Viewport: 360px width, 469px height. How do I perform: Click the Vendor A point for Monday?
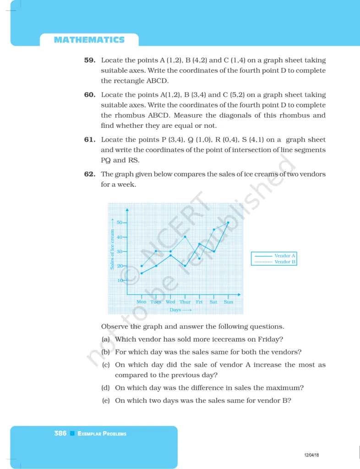point(142,273)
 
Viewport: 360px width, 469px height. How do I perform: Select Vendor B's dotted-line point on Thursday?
point(185,237)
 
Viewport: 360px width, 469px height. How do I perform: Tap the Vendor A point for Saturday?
point(214,251)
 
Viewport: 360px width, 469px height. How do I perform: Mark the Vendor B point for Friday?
point(199,259)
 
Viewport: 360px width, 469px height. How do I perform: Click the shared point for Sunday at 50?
point(228,223)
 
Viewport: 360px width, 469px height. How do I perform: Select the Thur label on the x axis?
point(185,302)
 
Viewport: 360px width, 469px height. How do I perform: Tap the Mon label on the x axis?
point(142,302)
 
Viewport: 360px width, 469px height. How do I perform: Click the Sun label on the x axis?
point(228,302)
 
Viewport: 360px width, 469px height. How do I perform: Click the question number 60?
point(89,95)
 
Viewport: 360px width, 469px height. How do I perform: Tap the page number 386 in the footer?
point(60,433)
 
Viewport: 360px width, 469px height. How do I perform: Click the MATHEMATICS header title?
point(89,40)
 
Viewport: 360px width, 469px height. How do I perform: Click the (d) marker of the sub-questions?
point(105,388)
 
